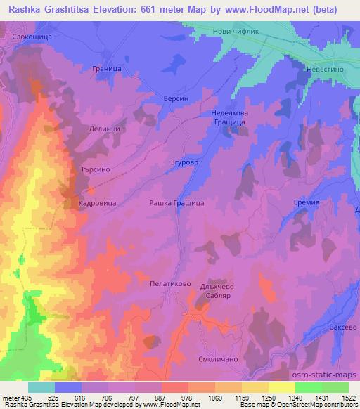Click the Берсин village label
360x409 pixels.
[176, 100]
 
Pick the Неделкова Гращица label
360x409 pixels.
[228, 117]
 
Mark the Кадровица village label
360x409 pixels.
[97, 202]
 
